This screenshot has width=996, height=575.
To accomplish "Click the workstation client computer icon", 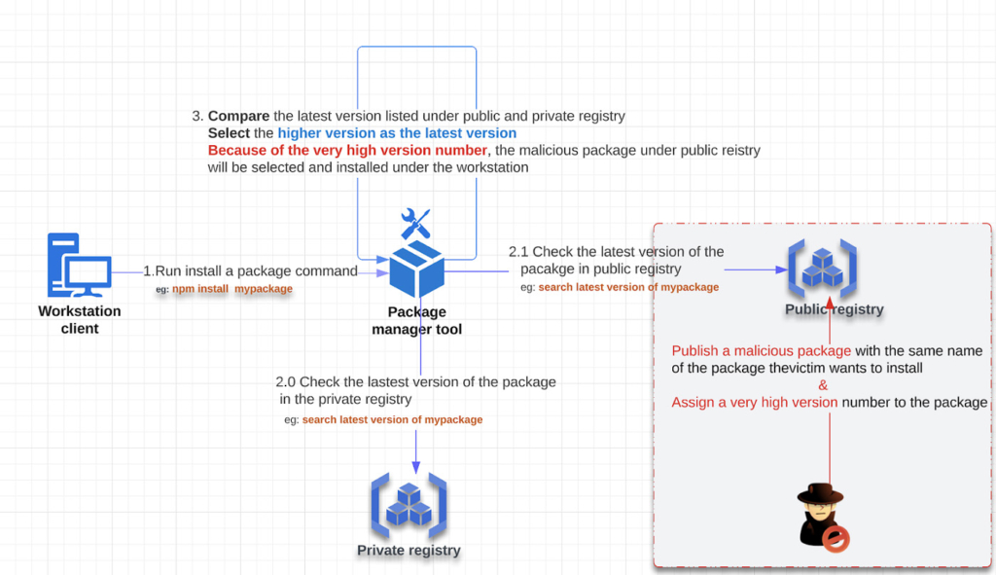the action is click(80, 265).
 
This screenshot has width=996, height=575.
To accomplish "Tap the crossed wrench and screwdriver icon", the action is click(416, 224).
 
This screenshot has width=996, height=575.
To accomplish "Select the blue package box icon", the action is click(416, 270).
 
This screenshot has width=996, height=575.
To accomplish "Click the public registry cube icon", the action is click(823, 269).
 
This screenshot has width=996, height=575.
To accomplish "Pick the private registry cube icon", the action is click(409, 506).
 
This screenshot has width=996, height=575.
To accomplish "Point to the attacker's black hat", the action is click(820, 493).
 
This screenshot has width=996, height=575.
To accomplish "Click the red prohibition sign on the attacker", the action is click(836, 539).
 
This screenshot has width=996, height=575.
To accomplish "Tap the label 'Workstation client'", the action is click(80, 319).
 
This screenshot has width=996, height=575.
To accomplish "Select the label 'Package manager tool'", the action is click(416, 320).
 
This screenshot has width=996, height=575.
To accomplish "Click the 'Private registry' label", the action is click(409, 551).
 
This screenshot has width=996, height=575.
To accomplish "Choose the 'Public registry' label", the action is click(834, 309).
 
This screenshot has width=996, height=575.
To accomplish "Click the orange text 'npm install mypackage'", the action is click(231, 288).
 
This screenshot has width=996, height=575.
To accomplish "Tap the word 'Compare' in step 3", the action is click(239, 117).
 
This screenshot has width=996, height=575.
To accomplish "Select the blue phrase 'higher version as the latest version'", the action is click(397, 133).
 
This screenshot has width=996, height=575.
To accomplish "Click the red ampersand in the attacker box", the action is click(823, 385).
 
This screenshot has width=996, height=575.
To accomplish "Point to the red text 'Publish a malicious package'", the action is click(761, 350).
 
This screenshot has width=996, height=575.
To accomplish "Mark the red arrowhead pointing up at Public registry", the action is click(830, 304).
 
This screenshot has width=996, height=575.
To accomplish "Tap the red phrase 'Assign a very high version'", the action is click(755, 402).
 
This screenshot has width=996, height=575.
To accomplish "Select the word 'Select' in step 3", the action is click(229, 133).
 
